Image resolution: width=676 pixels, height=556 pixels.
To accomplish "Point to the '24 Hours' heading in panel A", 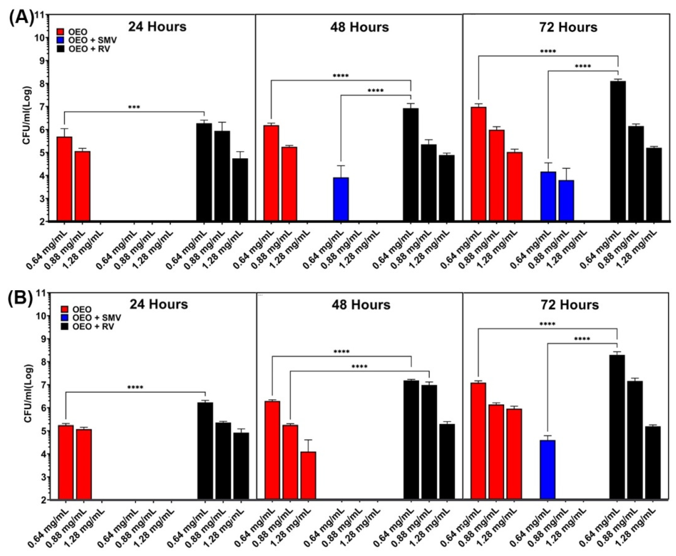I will coord(157,27).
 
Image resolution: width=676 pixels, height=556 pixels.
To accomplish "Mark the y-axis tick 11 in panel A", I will coord(40,15).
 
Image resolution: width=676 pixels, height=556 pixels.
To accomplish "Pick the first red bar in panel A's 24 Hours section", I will coord(64,178).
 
